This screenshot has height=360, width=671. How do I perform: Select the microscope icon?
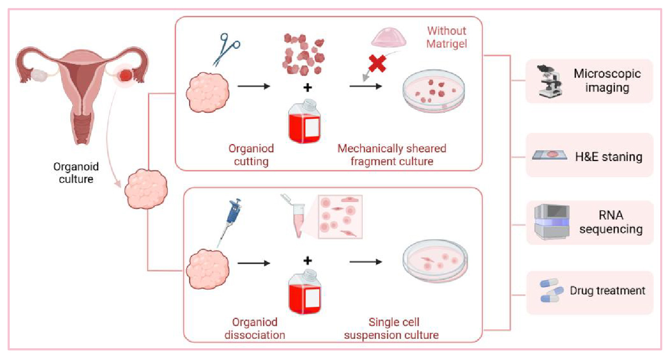click(x=549, y=80)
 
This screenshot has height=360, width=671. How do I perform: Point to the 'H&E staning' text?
click(x=609, y=156)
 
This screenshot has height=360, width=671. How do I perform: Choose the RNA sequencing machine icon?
click(x=552, y=222)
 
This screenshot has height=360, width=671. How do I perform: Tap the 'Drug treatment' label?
click(x=607, y=291)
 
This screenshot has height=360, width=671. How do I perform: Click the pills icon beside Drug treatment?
click(x=552, y=291)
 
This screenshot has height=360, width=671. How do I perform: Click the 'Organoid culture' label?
click(x=76, y=172)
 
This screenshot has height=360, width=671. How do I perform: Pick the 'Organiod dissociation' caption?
click(x=254, y=329)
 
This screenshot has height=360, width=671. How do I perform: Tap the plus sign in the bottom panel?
click(x=308, y=260)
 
